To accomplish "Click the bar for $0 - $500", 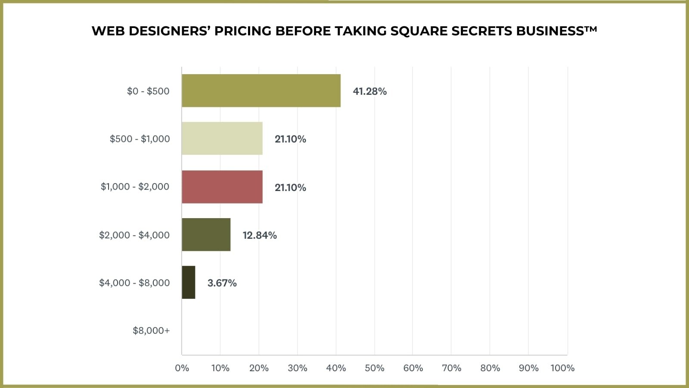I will (x=261, y=91).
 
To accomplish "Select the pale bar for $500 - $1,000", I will (x=222, y=138).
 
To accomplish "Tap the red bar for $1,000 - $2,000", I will (x=222, y=187).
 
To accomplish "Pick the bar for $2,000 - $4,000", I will (x=206, y=235).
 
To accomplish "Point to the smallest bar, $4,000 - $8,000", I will (x=188, y=282).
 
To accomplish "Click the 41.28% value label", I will (x=369, y=91).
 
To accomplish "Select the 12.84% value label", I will (x=259, y=235).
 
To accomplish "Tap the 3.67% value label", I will (x=222, y=283).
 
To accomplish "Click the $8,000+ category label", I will (x=151, y=331).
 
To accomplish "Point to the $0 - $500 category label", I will (x=148, y=91).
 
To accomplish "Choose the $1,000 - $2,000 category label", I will (x=135, y=187).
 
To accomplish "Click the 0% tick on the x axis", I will (x=182, y=368).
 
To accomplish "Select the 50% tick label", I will (x=374, y=368).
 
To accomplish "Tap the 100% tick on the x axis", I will (x=562, y=368).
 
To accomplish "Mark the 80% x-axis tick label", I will (x=490, y=368).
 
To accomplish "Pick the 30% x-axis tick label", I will (x=297, y=368).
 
